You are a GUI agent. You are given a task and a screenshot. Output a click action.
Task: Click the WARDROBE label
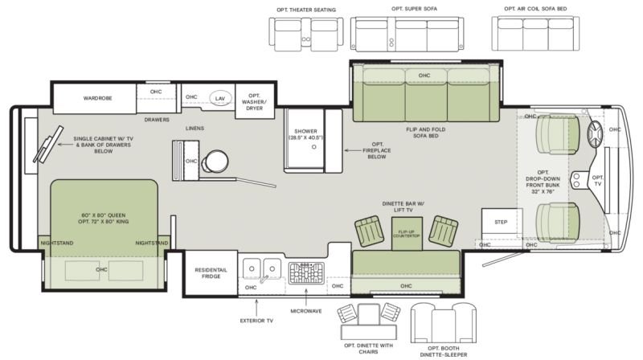(x=97, y=98)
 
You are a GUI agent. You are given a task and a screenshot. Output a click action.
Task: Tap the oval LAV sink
(x=219, y=98)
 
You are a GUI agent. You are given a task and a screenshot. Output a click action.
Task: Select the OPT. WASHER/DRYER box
(x=254, y=102)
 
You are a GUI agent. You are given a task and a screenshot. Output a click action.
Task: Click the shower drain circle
(x=314, y=146)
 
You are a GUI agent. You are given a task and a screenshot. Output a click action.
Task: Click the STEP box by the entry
(x=501, y=223)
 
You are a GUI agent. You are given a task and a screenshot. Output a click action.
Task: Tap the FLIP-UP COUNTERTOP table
(x=407, y=234)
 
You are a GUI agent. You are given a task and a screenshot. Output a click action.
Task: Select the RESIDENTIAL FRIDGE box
(x=211, y=273)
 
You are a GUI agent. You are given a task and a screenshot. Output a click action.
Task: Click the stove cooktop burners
(x=306, y=273)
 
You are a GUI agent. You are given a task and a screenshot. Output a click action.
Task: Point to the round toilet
(x=215, y=162)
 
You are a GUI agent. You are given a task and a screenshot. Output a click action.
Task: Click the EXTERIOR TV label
(x=256, y=321)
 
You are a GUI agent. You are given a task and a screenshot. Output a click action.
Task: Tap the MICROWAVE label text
(x=306, y=311)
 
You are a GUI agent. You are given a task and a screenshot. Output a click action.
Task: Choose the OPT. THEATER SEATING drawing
(x=306, y=35)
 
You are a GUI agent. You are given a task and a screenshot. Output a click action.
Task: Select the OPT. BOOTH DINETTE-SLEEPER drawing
(x=444, y=324)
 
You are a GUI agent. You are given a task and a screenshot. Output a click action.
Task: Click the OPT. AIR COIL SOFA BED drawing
(x=535, y=34)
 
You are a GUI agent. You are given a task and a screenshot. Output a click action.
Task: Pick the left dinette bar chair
(x=369, y=231)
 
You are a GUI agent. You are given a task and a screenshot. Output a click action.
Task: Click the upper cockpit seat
(x=557, y=134)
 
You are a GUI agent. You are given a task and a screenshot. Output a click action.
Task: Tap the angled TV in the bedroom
(x=48, y=145)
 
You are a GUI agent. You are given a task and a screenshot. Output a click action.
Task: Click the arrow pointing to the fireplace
(x=352, y=150)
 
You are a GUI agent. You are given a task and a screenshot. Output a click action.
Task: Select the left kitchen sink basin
(x=252, y=268)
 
